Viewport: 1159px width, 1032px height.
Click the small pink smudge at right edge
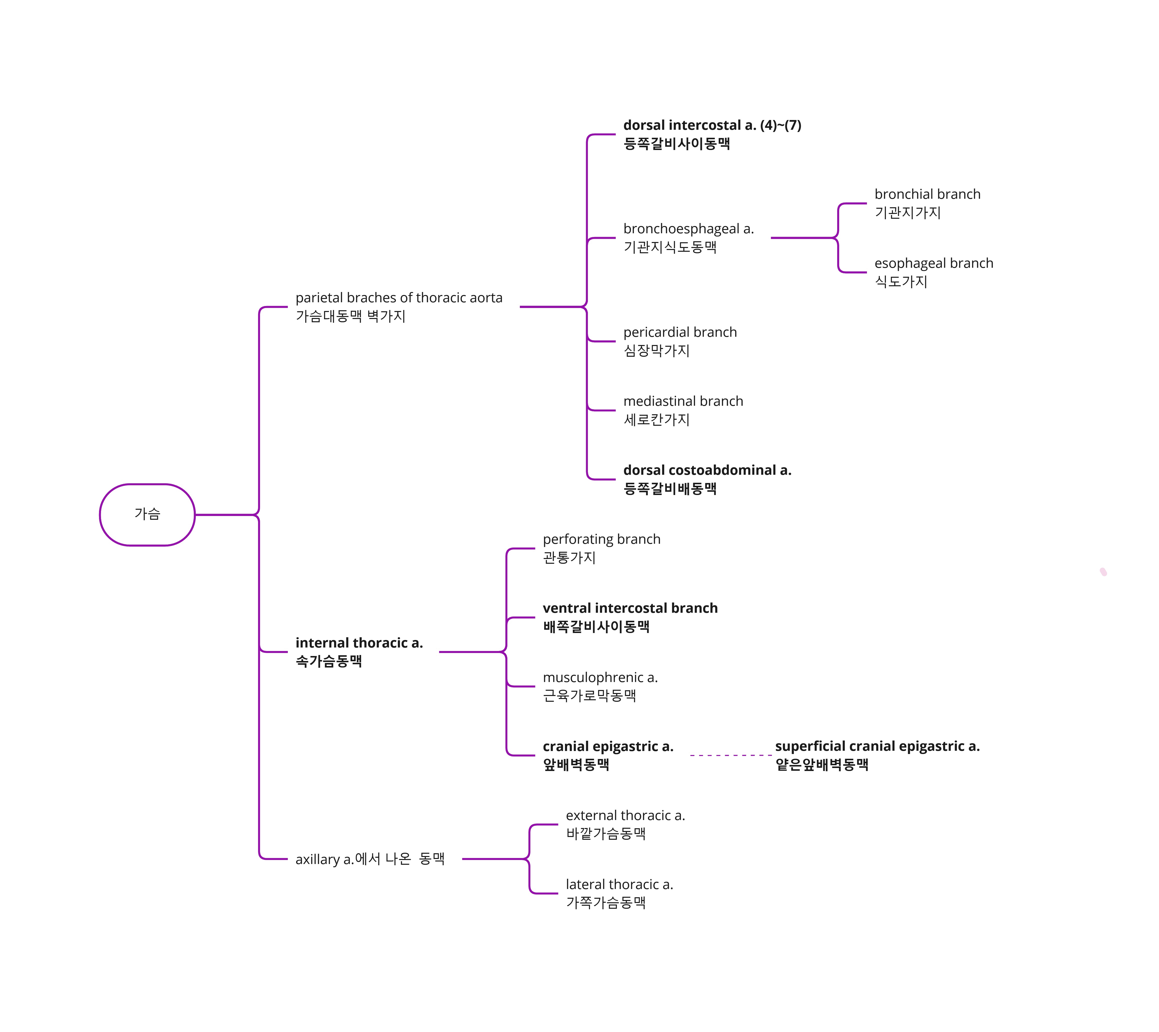[1103, 571]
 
